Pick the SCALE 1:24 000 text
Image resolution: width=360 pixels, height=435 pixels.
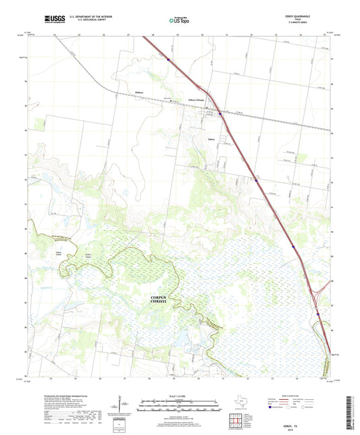tap(179, 396)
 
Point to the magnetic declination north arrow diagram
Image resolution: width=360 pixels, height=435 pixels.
tap(120, 405)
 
